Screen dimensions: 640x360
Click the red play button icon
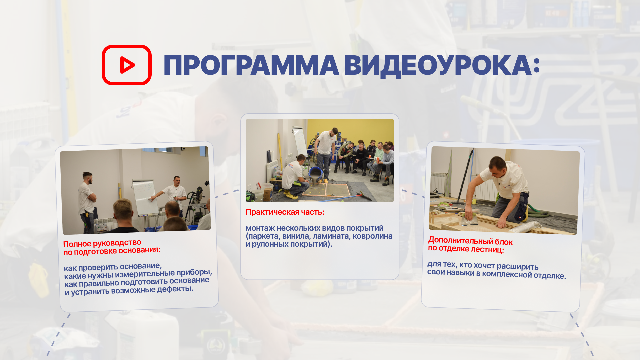pos(127,65)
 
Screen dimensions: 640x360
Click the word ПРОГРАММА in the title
pos(251,65)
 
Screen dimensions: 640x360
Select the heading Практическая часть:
pos(285,212)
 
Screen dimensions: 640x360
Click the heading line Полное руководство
pos(102,243)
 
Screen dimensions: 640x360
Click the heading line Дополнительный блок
pos(470,241)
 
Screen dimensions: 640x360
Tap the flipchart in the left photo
pos(145,197)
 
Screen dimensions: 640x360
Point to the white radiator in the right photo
pos(439,183)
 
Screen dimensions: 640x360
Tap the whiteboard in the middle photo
pos(300,142)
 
